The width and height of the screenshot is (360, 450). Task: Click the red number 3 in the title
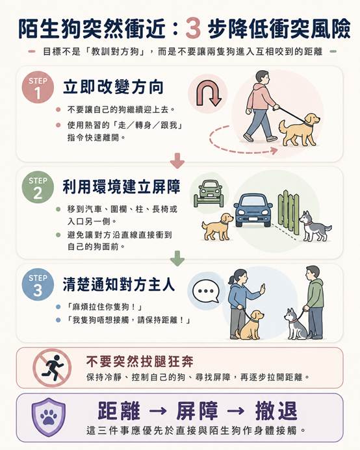pyautogui.click(x=193, y=29)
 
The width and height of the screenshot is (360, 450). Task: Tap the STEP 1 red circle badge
pyautogui.click(x=38, y=87)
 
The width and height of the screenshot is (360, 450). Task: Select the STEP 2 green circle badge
pyautogui.click(x=38, y=187)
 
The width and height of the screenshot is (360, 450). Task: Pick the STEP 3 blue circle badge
pyautogui.click(x=38, y=284)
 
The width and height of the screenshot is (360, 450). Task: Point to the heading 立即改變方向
pyautogui.click(x=113, y=86)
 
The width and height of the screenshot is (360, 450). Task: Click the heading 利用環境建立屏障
pyautogui.click(x=122, y=186)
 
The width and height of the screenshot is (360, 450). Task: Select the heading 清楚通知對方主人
pyautogui.click(x=118, y=284)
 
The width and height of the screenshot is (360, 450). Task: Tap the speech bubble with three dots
pyautogui.click(x=206, y=292)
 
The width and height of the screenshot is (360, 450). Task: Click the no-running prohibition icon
pyautogui.click(x=52, y=368)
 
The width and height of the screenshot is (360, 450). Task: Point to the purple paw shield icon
pyautogui.click(x=48, y=418)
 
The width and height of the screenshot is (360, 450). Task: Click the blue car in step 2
pyautogui.click(x=253, y=210)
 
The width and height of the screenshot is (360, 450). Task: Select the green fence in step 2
pyautogui.click(x=289, y=211)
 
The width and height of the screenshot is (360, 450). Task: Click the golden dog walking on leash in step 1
pyautogui.click(x=299, y=130)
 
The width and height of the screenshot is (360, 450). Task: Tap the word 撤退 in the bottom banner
pyautogui.click(x=276, y=411)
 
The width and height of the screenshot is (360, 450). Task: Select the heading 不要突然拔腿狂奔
pyautogui.click(x=140, y=361)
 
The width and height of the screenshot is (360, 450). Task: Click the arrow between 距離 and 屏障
pyautogui.click(x=158, y=411)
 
